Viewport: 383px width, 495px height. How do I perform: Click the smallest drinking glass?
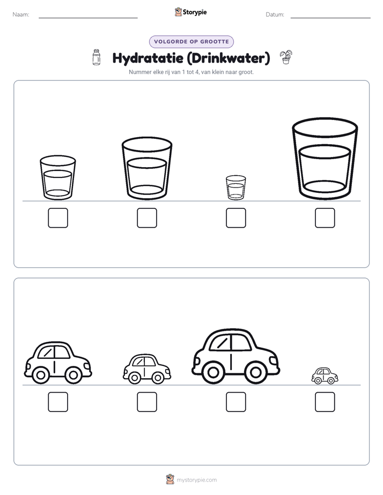click(x=235, y=187)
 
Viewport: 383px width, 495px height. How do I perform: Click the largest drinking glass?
click(x=325, y=159)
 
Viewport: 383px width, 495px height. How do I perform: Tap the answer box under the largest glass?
click(x=325, y=218)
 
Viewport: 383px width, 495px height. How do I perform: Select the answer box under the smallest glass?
click(x=235, y=218)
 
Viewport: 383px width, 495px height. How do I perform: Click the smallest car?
click(x=325, y=376)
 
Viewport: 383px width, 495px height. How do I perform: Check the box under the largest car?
click(x=235, y=402)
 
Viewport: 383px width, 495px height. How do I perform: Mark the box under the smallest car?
click(x=325, y=402)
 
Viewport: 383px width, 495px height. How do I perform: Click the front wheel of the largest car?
click(x=255, y=372)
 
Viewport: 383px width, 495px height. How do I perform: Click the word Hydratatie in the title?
click(x=148, y=58)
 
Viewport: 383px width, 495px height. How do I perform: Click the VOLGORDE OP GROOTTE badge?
click(x=191, y=42)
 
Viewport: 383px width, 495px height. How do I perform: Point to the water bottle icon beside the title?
click(x=97, y=57)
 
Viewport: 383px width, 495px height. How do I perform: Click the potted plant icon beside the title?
click(x=286, y=57)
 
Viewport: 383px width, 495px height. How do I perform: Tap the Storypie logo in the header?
click(x=191, y=12)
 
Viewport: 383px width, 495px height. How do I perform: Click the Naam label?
click(x=21, y=14)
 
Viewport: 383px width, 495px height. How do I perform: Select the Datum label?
click(x=275, y=14)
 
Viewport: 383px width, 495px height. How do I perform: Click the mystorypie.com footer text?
click(x=196, y=480)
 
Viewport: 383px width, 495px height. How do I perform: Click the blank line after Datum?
click(x=330, y=18)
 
